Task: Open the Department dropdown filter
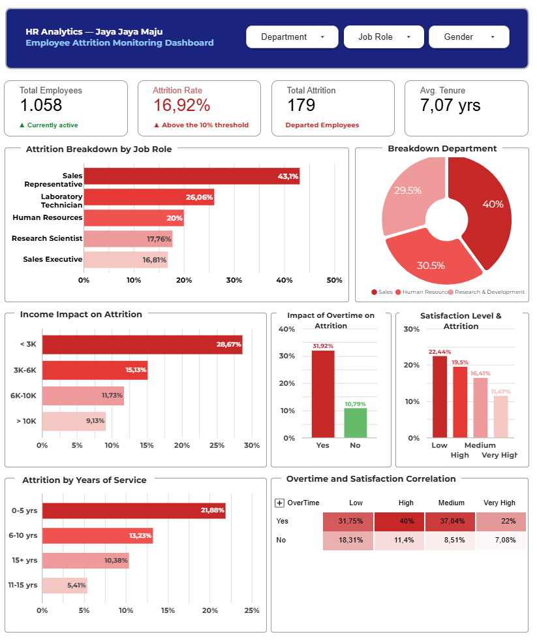[292, 37]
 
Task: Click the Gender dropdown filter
[468, 37]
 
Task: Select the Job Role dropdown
[384, 37]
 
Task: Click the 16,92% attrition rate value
[181, 106]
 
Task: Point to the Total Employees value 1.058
[41, 106]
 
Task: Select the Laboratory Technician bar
[149, 197]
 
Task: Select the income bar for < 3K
[142, 345]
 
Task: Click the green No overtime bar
[356, 422]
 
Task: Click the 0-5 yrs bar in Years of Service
[134, 510]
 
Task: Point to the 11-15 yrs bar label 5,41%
[76, 586]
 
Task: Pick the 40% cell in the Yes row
[399, 522]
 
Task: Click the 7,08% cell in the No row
[500, 540]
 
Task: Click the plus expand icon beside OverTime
[280, 503]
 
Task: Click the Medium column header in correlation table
[452, 503]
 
